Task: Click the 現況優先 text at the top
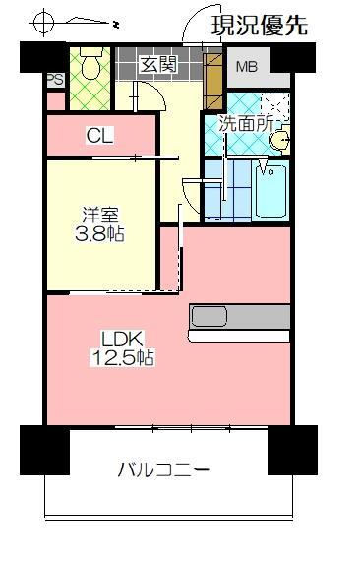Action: pyautogui.click(x=259, y=25)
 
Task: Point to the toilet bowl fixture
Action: pyautogui.click(x=90, y=66)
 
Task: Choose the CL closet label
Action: pyautogui.click(x=99, y=135)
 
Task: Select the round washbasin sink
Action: pyautogui.click(x=280, y=141)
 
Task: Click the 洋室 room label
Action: pyautogui.click(x=99, y=214)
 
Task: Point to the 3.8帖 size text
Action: pyautogui.click(x=99, y=234)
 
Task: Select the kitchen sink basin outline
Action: pyautogui.click(x=210, y=317)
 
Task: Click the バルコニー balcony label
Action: pyautogui.click(x=163, y=470)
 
